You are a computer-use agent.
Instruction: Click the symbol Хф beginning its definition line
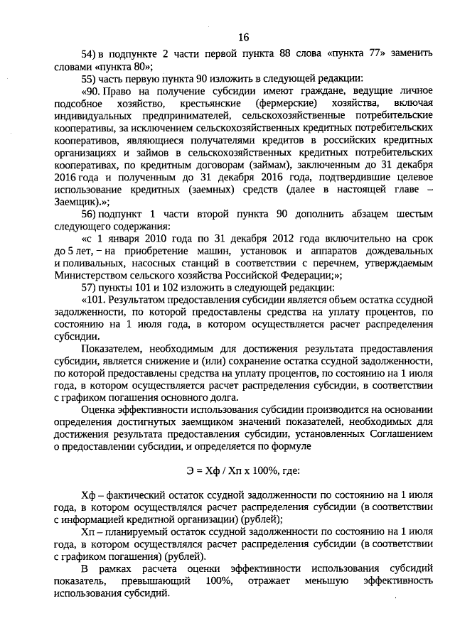pyautogui.click(x=89, y=494)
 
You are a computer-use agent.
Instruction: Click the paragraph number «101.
pyautogui.click(x=95, y=299)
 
